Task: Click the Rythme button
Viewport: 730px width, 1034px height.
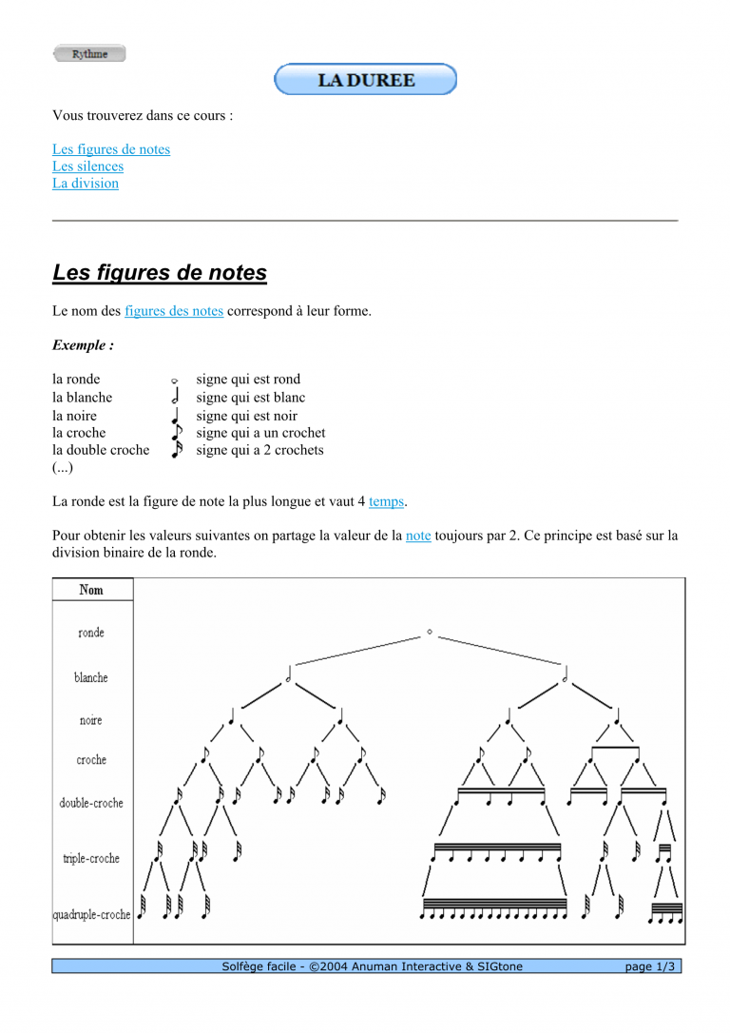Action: (x=89, y=54)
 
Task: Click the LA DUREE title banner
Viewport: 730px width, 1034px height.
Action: (x=366, y=80)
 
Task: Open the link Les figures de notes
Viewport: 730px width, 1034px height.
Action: (x=111, y=149)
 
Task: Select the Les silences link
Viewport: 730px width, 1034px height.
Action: (x=87, y=166)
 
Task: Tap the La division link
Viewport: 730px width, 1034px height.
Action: (x=86, y=184)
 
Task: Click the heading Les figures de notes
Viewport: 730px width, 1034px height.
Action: (x=160, y=274)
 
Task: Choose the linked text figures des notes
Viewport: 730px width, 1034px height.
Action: (x=174, y=311)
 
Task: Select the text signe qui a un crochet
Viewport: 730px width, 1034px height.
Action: (x=260, y=433)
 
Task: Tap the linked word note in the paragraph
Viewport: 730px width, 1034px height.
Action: (x=418, y=536)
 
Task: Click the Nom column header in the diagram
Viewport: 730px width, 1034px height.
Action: (x=91, y=590)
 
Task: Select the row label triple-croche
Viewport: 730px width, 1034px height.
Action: (x=91, y=858)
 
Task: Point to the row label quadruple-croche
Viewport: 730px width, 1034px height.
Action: (x=91, y=914)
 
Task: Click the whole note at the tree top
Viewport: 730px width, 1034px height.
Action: (x=430, y=632)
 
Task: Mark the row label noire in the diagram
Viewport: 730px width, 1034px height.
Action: (x=91, y=720)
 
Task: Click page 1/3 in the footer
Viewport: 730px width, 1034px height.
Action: (x=650, y=966)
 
